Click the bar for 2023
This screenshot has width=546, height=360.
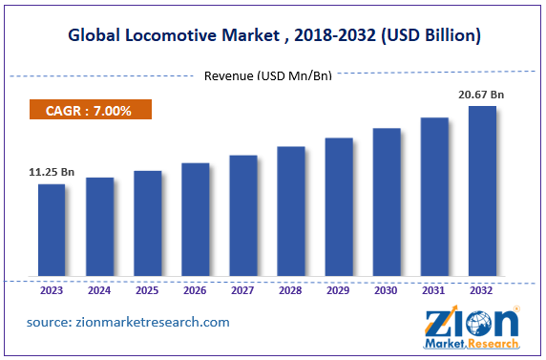tap(52, 229)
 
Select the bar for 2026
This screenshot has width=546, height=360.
tap(195, 219)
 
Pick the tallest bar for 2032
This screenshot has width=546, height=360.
tap(482, 190)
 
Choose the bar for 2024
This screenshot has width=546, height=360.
tap(99, 226)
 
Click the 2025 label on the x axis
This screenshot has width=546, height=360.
tap(147, 289)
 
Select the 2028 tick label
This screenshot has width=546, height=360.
tap(290, 289)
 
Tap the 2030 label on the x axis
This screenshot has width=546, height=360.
tap(387, 289)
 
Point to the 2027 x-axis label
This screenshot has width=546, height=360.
tap(242, 289)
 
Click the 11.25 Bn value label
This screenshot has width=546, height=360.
tap(52, 173)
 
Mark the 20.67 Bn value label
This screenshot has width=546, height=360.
tap(481, 95)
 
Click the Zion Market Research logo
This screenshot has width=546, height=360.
tap(472, 327)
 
